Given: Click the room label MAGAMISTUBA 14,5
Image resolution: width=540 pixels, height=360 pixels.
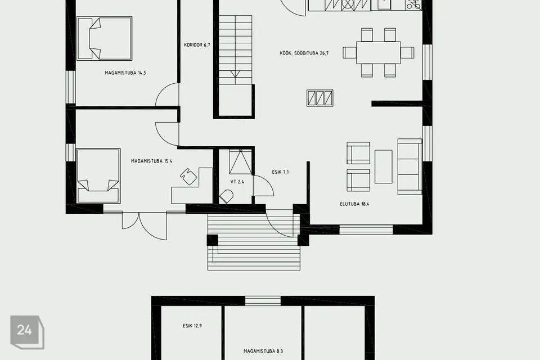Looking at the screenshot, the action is coord(125,73).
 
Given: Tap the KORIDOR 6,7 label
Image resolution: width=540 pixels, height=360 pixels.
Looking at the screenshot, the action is coord(197,45).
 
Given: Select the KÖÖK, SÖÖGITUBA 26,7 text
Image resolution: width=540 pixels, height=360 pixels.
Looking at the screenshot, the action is coord(304,53).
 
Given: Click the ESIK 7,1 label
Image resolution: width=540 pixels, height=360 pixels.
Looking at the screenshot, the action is coord(280,172).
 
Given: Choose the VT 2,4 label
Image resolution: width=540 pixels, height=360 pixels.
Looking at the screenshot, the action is coord(237,182).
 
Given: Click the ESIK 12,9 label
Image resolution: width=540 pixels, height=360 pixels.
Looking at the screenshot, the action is coord(192,326).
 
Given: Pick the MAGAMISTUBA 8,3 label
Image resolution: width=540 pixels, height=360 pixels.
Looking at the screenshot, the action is coord(263,352).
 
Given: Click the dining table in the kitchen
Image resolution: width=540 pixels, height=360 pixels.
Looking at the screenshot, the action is coord(379,52).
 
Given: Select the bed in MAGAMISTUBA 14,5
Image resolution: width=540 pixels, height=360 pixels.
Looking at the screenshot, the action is coord(105,39).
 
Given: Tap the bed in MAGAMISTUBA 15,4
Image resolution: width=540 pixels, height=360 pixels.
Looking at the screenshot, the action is coord(98,175).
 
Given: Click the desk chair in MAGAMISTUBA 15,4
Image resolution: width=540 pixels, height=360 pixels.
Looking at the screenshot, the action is coord(188,176).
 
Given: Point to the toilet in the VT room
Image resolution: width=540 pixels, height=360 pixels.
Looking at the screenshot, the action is coord(226,196).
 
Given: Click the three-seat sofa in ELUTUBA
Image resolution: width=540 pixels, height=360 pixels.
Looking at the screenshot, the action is coord(410,166).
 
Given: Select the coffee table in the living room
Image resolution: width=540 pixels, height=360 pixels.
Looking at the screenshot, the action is coord(383,166).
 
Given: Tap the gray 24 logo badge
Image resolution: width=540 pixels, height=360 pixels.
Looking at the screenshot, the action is coord(27,332).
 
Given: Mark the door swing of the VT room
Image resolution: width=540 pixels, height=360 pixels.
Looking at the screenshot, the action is coord(263,186).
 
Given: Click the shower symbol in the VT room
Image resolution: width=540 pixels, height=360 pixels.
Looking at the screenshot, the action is coord(240,161).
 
